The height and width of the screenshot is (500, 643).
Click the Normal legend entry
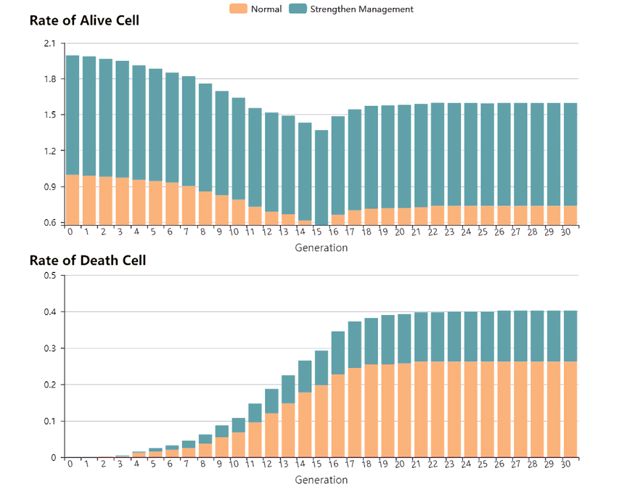coord(256,9)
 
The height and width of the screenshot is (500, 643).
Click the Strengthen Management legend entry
coord(352,9)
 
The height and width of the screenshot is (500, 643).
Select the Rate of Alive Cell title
coord(84,20)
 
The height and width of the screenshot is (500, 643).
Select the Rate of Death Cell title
coord(87,260)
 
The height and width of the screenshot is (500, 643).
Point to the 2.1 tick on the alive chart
coord(49,44)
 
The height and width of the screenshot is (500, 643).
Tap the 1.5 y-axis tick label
coord(49,115)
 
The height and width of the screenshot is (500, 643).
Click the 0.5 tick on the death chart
coord(49,276)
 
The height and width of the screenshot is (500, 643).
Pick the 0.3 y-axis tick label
coord(49,348)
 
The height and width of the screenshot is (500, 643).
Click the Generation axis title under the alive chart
coord(321,247)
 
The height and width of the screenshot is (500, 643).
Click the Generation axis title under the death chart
coord(321,480)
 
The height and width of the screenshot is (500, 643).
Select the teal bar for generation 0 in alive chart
coord(73,115)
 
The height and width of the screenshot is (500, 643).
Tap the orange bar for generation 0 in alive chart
coord(73,200)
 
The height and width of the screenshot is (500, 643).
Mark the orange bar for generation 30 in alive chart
coord(570,216)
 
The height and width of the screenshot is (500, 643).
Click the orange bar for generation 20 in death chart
coord(404,410)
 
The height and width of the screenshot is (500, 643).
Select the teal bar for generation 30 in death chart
coord(570,336)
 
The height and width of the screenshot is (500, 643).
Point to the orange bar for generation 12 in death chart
coord(271,435)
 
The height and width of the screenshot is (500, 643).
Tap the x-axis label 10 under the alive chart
coord(234,232)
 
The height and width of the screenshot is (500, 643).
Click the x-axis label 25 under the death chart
coord(483,464)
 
